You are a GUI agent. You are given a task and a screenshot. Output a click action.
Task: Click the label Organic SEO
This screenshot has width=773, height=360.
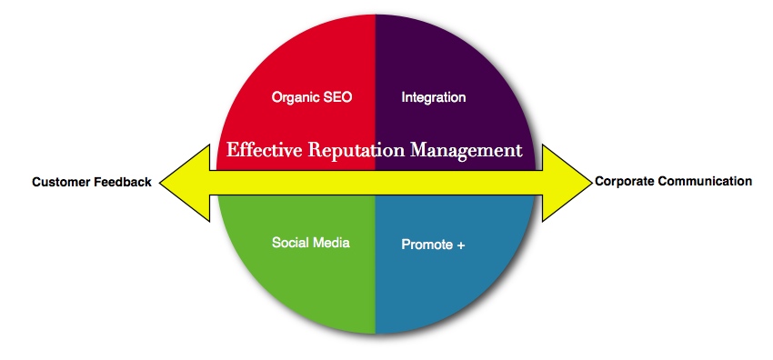[312, 97]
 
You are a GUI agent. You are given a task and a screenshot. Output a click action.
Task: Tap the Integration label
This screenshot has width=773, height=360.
[433, 97]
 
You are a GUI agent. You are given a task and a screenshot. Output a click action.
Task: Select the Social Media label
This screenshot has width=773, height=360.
[311, 243]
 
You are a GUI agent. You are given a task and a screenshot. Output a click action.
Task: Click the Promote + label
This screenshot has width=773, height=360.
[433, 245]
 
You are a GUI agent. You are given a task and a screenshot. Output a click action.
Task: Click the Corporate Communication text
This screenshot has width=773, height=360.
[673, 181]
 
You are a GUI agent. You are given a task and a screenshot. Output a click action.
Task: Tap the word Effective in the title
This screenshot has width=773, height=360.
[260, 150]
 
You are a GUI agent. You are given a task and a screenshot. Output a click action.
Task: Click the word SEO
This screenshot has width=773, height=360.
[337, 97]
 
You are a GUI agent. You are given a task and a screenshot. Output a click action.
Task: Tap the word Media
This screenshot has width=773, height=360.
[331, 243]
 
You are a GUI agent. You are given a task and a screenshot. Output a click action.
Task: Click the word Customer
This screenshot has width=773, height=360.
[60, 183]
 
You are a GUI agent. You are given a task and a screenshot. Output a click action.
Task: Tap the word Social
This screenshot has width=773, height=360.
[290, 243]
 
